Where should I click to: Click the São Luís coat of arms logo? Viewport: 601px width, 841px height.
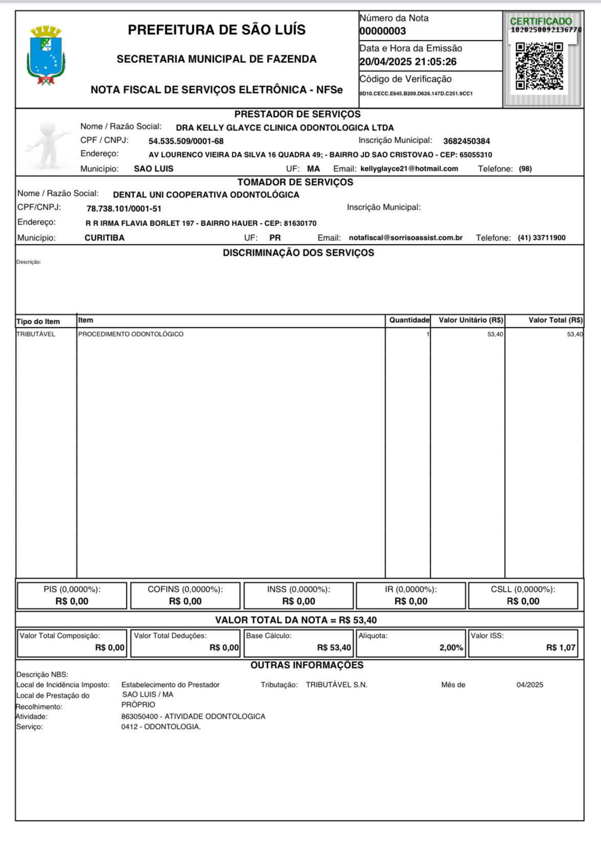click(46, 55)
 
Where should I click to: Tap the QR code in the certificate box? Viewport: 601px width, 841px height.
click(539, 66)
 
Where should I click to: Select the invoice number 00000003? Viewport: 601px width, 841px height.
click(383, 31)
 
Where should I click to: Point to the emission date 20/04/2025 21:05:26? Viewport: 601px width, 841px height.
click(408, 62)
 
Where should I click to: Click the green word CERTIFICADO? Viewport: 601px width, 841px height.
click(541, 21)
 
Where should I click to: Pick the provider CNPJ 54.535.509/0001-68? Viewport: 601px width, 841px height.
click(186, 141)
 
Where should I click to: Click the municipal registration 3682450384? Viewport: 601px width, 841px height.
click(466, 141)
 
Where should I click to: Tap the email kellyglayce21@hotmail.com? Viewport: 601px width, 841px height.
click(409, 169)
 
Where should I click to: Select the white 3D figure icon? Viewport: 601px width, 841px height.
click(48, 144)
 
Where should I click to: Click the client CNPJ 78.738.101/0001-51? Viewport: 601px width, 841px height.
click(124, 209)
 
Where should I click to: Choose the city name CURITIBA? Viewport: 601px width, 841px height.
click(104, 238)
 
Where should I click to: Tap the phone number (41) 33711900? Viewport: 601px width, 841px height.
click(541, 238)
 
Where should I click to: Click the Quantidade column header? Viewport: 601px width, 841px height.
click(409, 320)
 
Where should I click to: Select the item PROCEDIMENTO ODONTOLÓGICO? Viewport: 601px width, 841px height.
click(131, 334)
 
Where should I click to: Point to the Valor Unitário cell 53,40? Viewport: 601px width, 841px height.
click(495, 334)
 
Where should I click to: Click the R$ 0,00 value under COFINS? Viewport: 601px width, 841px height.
click(185, 601)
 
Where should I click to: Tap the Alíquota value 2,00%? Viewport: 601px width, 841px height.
click(451, 648)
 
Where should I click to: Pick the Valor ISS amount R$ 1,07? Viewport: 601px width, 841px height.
click(561, 648)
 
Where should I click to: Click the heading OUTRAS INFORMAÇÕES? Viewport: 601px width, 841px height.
click(307, 665)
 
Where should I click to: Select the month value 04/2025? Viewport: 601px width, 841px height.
click(529, 685)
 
